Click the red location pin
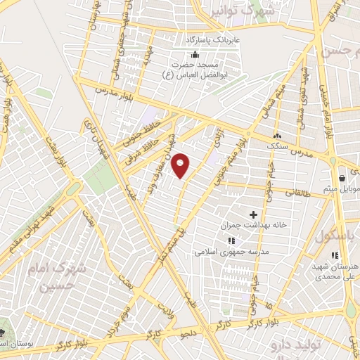(x=181, y=165)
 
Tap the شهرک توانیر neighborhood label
(x=248, y=11)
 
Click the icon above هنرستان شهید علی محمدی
(x=335, y=255)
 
